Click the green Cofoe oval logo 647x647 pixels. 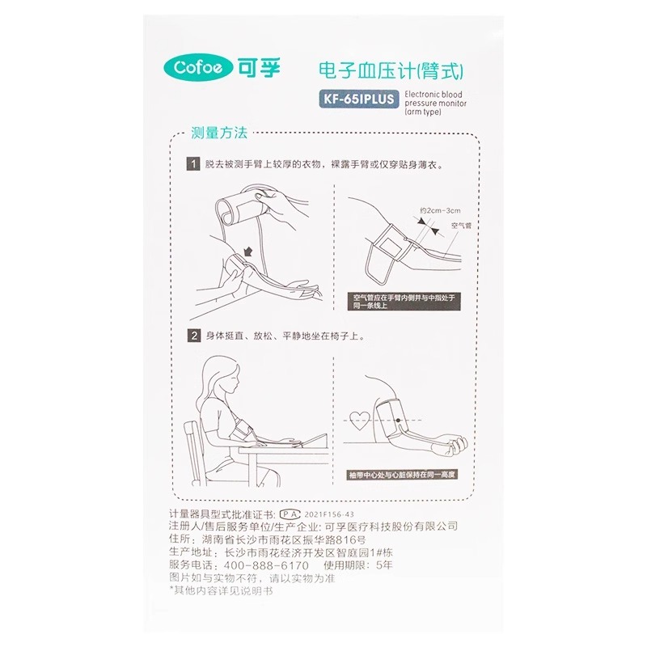click(199, 68)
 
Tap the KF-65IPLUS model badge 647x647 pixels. click(358, 99)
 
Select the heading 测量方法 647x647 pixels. click(218, 133)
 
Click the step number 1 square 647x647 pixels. click(193, 164)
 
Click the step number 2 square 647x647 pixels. click(194, 336)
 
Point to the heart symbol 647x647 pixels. click(359, 420)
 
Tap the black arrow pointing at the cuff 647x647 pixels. click(248, 251)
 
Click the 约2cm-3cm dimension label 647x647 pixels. click(440, 210)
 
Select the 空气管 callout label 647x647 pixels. click(461, 226)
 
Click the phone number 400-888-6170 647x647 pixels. click(267, 565)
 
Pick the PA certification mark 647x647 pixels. click(290, 514)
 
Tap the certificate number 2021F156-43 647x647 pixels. click(329, 514)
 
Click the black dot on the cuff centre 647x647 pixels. click(398, 420)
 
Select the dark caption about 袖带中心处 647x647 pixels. click(402, 475)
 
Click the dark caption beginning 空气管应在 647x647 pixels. click(404, 302)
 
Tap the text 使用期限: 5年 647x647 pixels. click(357, 565)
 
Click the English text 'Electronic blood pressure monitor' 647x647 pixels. click(435, 103)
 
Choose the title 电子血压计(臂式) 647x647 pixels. click(391, 70)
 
